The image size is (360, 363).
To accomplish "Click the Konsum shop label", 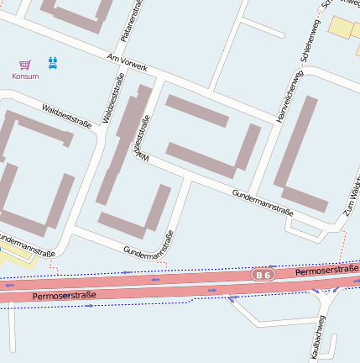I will pyautogui.click(x=25, y=76).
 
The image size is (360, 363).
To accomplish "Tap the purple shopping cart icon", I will pyautogui.click(x=25, y=64).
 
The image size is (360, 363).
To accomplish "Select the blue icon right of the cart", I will pyautogui.click(x=53, y=63).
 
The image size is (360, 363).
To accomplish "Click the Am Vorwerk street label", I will pyautogui.click(x=128, y=61).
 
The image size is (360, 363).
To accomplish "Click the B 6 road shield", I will pyautogui.click(x=263, y=275).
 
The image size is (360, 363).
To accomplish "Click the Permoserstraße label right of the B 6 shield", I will pyautogui.click(x=327, y=271).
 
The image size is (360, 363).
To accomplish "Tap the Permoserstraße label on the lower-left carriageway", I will pyautogui.click(x=64, y=296).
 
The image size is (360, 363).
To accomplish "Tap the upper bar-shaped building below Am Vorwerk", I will pyautogui.click(x=197, y=111).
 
